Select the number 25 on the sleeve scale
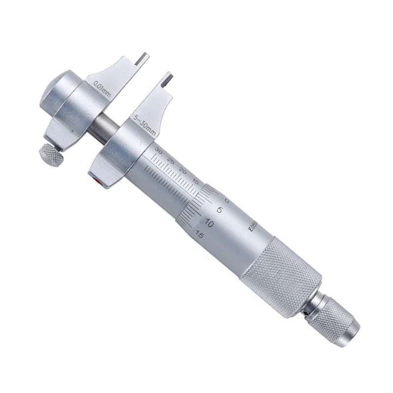[x=170, y=160]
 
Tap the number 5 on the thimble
[x=221, y=210]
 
